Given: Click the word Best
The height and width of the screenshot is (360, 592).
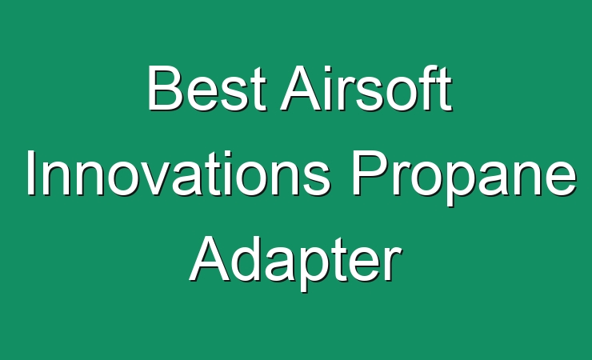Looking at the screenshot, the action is click(x=207, y=88).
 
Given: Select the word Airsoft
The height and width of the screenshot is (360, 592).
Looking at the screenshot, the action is click(x=366, y=88).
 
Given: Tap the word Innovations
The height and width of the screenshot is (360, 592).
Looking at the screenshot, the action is click(x=178, y=173).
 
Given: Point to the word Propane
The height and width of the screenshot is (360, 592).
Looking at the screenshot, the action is click(x=464, y=178).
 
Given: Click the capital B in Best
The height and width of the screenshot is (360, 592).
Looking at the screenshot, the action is click(x=165, y=88).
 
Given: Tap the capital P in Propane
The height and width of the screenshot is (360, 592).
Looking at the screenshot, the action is click(x=369, y=173).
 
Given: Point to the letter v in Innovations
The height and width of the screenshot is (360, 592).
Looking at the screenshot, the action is click(x=157, y=179).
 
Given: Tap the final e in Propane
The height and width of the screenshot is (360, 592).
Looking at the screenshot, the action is click(x=561, y=179).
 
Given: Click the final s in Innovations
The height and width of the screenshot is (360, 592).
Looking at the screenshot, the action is click(x=316, y=179).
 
